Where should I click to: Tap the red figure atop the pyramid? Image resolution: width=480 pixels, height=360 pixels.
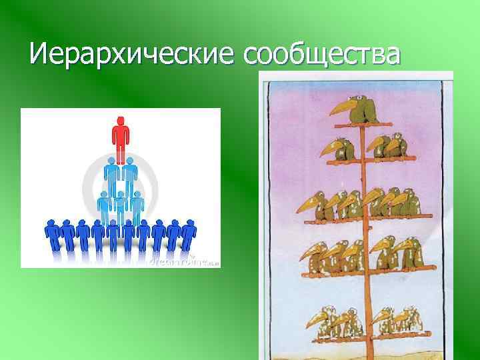point(120,140)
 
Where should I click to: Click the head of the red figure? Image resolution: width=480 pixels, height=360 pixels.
point(120,121)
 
